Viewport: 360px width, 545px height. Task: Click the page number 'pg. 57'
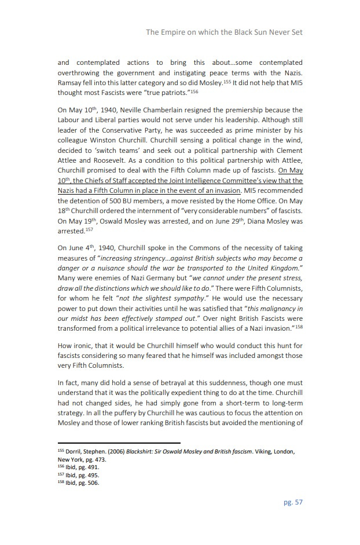tap(293, 502)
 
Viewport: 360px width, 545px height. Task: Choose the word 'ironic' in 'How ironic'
tap(83, 346)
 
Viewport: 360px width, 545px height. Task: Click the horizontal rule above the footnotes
tap(119, 443)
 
